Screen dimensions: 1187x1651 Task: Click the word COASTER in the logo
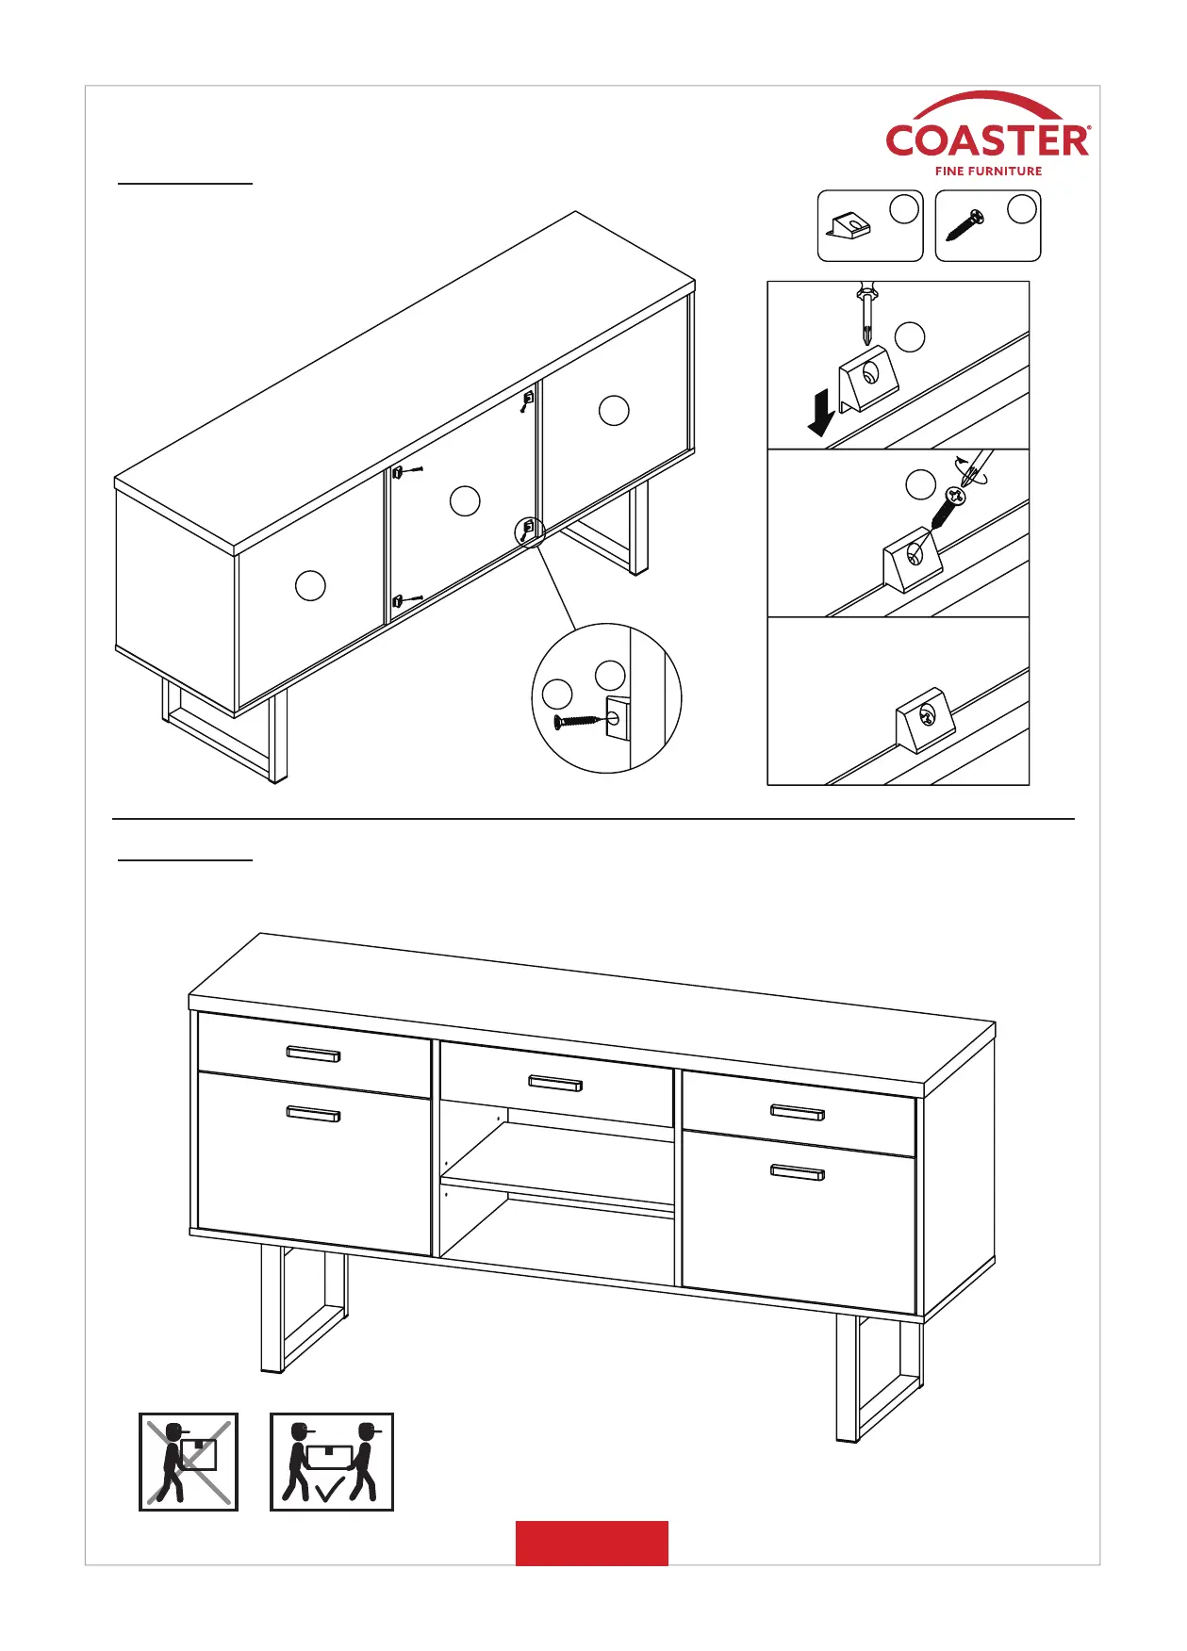[987, 142]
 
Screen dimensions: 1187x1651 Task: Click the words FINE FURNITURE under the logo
[988, 172]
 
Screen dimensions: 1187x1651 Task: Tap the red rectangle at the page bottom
[591, 1543]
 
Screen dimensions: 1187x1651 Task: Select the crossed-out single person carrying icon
[189, 1462]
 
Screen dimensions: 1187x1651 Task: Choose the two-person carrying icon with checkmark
[331, 1462]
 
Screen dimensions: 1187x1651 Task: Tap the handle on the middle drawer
[555, 1084]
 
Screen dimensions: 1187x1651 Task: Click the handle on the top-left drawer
[313, 1054]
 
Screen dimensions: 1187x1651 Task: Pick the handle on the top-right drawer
[798, 1113]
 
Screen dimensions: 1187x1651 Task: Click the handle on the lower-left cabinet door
[313, 1115]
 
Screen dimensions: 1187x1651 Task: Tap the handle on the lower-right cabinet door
[798, 1173]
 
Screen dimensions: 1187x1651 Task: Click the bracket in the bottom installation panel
[924, 719]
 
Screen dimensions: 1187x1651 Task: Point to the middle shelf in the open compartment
[557, 1192]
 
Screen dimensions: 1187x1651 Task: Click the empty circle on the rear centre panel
[465, 500]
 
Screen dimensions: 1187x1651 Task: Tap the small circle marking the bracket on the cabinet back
[529, 531]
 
